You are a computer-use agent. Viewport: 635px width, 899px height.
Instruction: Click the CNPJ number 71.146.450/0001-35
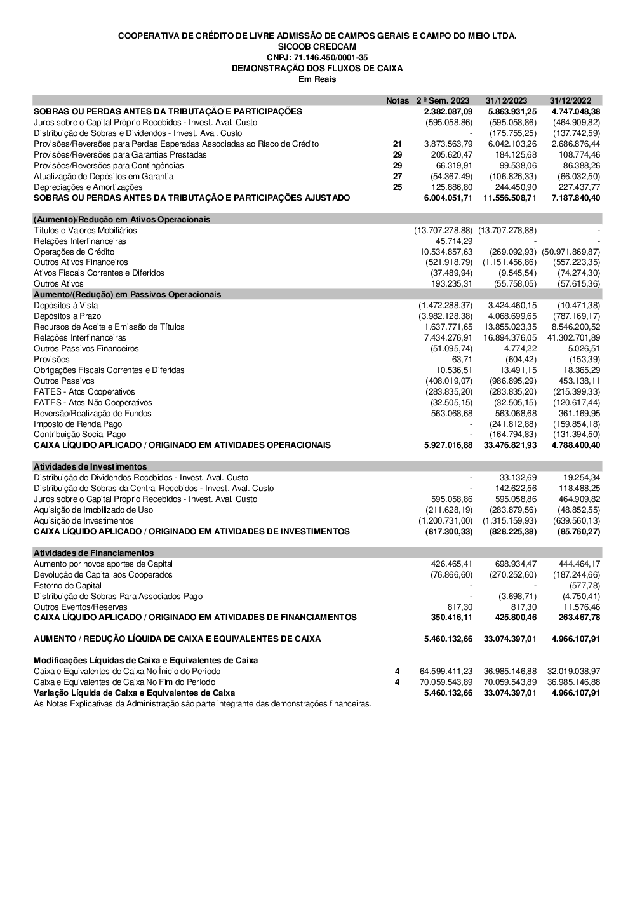317,57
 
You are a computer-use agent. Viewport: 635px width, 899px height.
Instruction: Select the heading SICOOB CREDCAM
317,46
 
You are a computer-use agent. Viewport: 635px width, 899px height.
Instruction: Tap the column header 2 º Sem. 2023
443,100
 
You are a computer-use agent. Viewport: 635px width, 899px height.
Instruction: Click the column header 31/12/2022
570,100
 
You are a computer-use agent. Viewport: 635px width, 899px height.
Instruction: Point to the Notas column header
398,100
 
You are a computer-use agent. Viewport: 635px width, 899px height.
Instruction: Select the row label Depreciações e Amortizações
88,187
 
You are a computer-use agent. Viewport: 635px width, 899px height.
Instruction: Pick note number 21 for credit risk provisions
398,144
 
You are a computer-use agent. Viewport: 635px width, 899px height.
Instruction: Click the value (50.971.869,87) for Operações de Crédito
571,252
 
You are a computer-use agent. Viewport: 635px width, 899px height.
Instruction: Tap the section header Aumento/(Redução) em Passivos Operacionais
127,294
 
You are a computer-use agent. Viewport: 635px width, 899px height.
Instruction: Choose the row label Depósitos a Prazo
67,316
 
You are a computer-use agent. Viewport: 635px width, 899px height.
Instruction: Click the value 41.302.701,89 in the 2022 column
573,337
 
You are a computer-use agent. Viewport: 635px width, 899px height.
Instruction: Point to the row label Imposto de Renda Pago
78,424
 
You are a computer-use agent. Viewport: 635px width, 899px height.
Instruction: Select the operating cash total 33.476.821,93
510,445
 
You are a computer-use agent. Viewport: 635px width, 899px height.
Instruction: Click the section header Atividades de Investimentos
90,466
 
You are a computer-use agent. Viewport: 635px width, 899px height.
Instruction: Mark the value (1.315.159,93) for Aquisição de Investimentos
509,520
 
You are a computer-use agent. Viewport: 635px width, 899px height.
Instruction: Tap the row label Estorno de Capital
67,585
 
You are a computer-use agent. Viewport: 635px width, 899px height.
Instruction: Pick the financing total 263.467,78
576,617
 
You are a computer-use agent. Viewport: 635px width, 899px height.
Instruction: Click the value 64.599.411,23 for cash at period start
446,671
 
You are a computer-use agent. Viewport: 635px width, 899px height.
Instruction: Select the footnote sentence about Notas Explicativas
203,703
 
